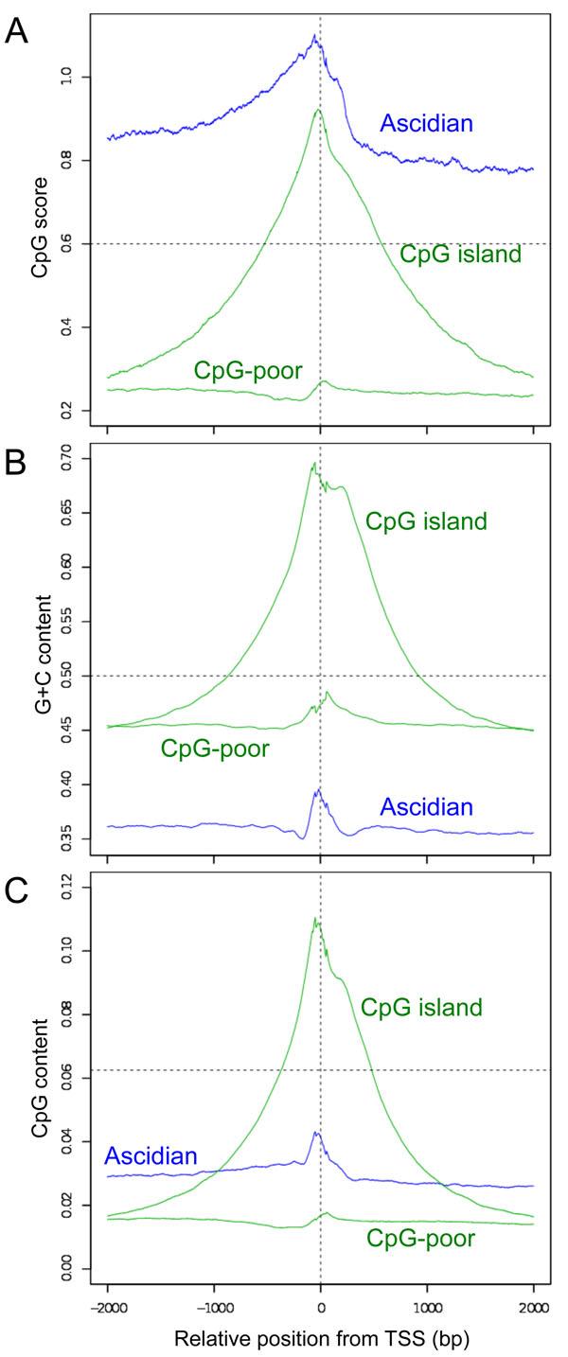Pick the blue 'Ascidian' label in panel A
coord(425,123)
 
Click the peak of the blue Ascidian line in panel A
coord(314,35)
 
